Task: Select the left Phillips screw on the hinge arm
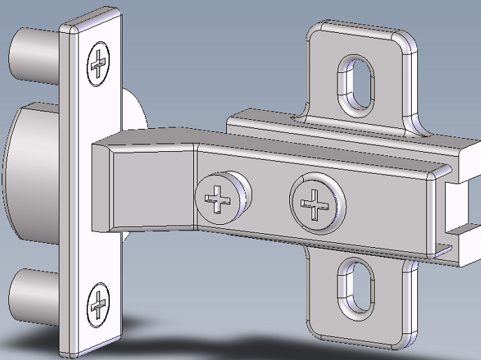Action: tap(218, 199)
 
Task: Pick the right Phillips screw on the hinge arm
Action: tap(316, 202)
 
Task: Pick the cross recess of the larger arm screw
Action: tap(314, 203)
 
